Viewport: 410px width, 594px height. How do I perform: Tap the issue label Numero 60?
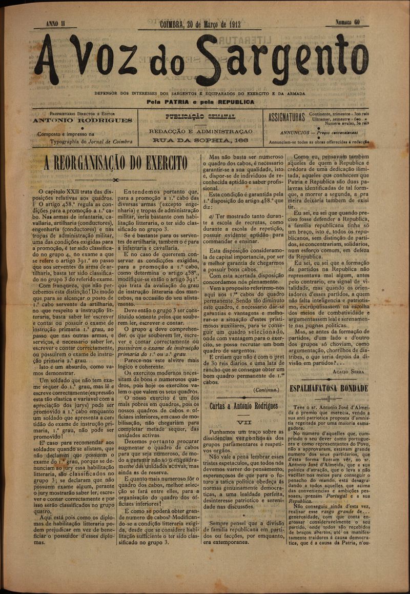point(347,23)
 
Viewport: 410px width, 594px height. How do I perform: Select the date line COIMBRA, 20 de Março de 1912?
point(200,24)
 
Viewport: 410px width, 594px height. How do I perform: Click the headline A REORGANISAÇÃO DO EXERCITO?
point(115,163)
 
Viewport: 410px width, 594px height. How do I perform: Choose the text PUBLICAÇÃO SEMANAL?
point(200,117)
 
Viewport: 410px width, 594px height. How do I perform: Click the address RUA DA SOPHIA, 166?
point(200,139)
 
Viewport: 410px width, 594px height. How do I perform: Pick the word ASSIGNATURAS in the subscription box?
point(286,118)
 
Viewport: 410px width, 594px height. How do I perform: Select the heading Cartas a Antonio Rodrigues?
point(243,406)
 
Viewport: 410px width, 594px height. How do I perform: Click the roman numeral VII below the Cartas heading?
point(243,422)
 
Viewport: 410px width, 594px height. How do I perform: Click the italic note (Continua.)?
point(266,389)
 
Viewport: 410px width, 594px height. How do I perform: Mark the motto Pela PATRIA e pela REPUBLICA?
point(200,102)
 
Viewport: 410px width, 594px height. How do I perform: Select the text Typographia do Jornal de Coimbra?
point(85,142)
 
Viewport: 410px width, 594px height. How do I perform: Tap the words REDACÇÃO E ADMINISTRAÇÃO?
point(200,131)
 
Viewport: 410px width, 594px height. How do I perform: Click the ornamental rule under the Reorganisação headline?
point(115,180)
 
